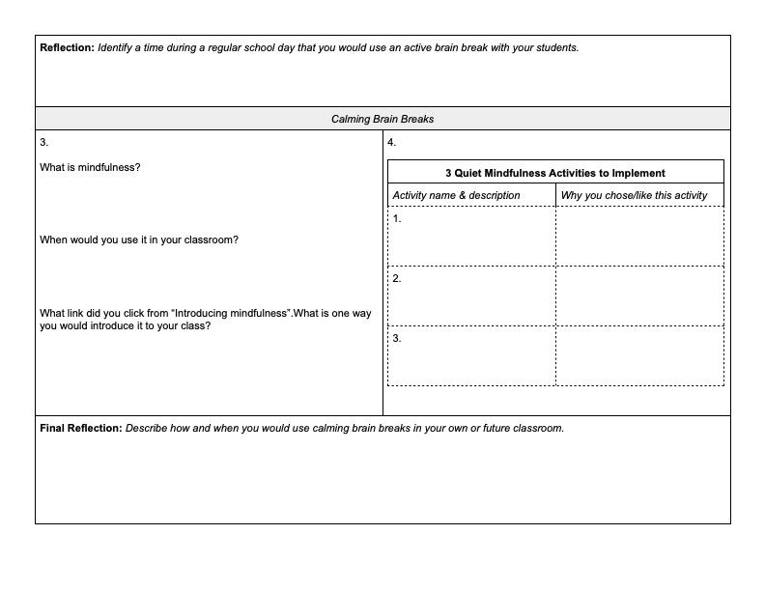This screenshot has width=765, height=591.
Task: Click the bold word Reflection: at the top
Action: click(67, 47)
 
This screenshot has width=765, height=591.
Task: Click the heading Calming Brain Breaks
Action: click(382, 119)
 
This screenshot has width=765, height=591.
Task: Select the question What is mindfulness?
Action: click(90, 167)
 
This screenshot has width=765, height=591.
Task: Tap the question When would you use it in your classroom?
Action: click(139, 239)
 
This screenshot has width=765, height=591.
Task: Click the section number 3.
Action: click(43, 142)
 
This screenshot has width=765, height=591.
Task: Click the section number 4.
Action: click(391, 142)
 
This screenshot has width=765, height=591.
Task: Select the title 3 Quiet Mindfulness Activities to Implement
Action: click(554, 173)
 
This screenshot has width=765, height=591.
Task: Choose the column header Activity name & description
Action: click(456, 195)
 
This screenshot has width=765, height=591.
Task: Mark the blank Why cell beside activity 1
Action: click(639, 237)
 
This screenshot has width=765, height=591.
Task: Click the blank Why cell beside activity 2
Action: click(639, 296)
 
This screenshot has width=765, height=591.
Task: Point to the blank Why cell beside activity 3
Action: click(639, 356)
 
